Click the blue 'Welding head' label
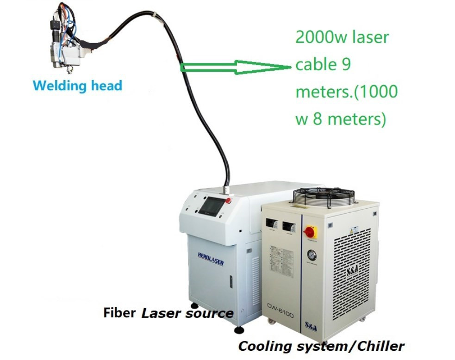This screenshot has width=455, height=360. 78,86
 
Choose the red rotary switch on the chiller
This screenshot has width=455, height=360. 309,231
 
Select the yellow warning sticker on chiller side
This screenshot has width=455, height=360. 355,230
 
